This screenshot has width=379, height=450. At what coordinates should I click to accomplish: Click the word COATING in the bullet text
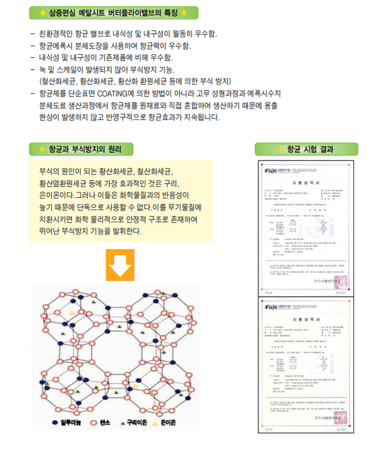point(112,93)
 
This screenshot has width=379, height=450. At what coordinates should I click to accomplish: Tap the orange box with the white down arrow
point(120,265)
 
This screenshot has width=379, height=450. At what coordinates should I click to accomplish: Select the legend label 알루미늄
point(71,423)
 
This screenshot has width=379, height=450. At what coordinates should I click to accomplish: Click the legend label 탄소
point(105,423)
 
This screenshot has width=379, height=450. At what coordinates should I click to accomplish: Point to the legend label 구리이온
point(137,423)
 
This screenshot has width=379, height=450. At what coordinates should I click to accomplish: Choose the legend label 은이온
point(168,423)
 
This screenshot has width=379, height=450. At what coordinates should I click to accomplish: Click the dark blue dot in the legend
point(55,423)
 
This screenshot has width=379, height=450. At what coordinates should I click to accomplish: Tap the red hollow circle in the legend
point(94,423)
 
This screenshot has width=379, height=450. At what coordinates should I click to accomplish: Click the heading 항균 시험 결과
point(310,149)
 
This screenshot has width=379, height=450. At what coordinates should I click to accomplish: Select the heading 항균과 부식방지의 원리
point(85,149)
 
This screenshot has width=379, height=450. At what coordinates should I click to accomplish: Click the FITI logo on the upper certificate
point(270,171)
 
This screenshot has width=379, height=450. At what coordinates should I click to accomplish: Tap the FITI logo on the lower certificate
point(270,307)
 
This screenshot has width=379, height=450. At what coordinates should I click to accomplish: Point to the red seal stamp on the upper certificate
point(341,282)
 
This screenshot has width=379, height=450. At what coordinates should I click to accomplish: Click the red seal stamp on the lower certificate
point(341,418)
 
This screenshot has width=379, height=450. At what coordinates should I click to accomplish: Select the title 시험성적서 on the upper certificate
point(306,183)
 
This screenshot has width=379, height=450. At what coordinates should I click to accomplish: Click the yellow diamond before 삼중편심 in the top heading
point(43,13)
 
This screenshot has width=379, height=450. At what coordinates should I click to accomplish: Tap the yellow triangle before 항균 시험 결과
point(281,149)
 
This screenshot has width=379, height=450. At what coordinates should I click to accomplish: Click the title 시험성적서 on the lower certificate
point(306,319)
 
